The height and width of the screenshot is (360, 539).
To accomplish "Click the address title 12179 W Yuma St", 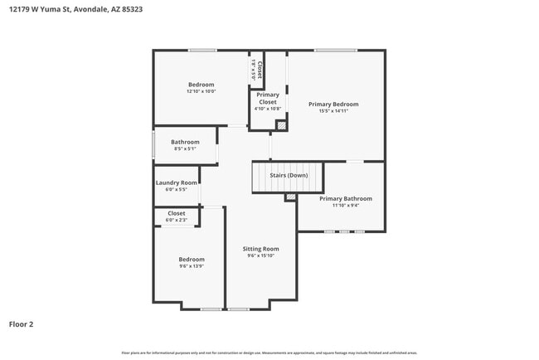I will click(69, 11).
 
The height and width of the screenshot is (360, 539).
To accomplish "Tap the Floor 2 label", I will click(22, 324).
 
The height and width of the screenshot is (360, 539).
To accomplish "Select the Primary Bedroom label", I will click(333, 104).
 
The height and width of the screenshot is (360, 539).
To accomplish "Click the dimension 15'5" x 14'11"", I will click(333, 111).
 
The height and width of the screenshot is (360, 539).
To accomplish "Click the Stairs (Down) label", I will click(288, 175).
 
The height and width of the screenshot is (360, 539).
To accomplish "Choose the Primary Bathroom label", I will click(346, 198).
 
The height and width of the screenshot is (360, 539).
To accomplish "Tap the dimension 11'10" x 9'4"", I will click(346, 206).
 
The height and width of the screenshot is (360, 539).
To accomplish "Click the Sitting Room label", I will click(260, 249).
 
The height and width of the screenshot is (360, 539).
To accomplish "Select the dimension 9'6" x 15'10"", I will click(260, 256).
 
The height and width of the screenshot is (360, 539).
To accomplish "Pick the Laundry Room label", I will click(177, 182).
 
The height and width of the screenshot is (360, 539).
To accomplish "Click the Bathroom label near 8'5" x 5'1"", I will click(185, 142).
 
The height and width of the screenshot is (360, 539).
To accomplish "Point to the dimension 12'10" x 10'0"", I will click(201, 91).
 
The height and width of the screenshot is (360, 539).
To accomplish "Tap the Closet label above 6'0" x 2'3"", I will click(177, 213).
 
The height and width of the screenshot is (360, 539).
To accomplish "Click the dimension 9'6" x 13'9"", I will click(192, 266).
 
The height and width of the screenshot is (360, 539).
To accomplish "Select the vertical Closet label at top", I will click(260, 70).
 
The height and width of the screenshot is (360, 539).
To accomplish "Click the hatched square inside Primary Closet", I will click(281, 125).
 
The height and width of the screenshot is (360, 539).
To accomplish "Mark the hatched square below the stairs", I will click(290, 197).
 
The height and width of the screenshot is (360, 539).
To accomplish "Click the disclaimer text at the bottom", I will click(269, 353).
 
